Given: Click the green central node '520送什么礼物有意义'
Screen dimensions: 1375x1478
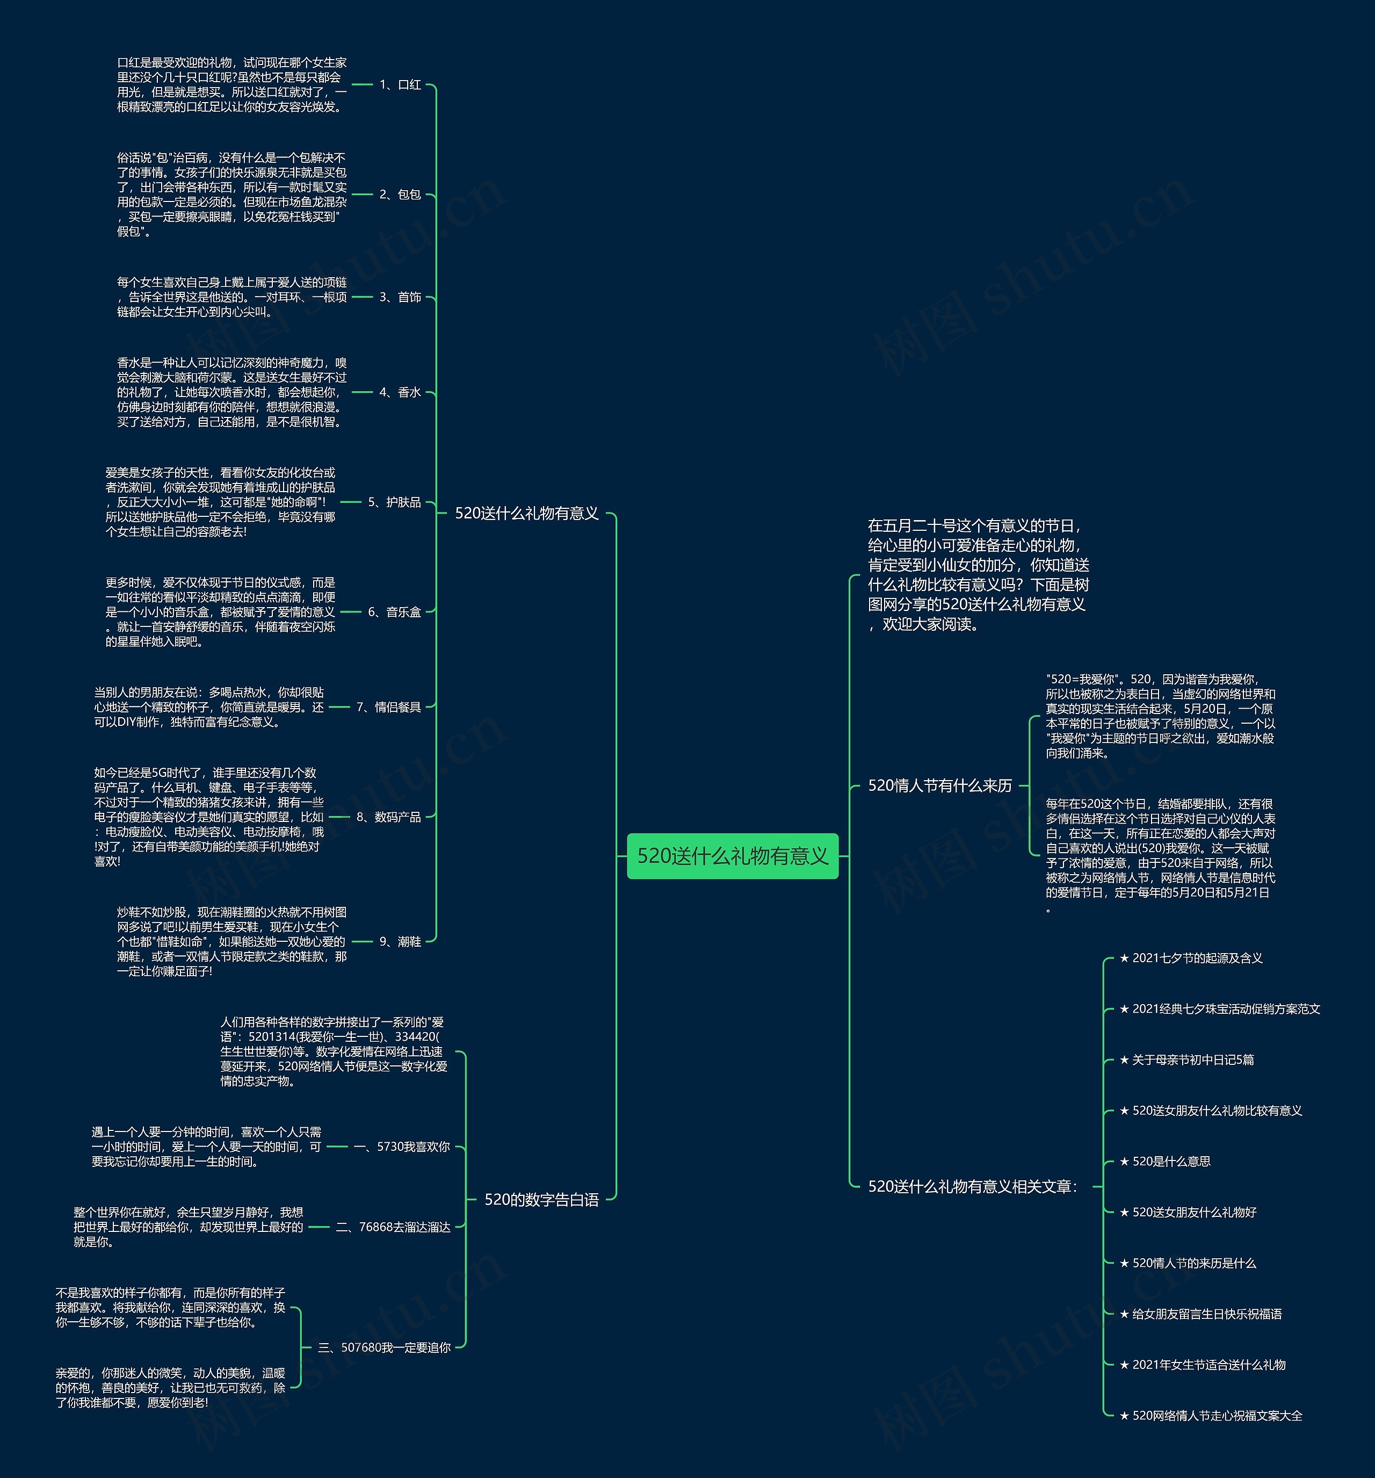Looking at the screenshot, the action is point(732,856).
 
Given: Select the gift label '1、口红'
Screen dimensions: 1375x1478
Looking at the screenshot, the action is point(400,85).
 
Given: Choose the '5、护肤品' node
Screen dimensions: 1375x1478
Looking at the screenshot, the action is point(394,502).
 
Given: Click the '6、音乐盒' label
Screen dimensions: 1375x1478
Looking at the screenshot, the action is point(394,612).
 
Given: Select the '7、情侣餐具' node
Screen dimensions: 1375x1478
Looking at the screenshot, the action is point(388,707).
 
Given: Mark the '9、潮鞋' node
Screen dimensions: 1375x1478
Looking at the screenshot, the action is point(400,941).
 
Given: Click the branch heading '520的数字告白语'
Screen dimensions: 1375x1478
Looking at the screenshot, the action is point(541,1199).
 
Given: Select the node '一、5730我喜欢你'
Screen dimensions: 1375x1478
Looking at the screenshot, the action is point(401,1147).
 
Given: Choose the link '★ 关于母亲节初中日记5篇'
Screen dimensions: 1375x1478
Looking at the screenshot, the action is point(1186,1059).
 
